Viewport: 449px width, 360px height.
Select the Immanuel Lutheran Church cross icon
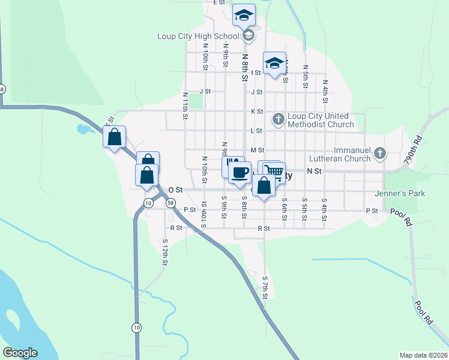pos(379,154)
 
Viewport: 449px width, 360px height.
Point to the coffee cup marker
pos(240,172)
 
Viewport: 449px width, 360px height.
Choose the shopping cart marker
pos(274,172)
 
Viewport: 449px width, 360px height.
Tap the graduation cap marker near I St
pos(274,63)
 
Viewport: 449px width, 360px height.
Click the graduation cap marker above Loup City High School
pos(244,15)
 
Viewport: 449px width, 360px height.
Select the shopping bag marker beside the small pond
pos(114,137)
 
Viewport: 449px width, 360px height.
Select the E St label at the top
pos(218,2)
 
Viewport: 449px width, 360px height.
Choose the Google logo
pos(20,353)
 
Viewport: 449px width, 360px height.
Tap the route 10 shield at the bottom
pos(137,327)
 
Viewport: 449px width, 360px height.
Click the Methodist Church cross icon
pos(278,119)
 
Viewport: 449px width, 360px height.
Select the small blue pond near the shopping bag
pos(82,128)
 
